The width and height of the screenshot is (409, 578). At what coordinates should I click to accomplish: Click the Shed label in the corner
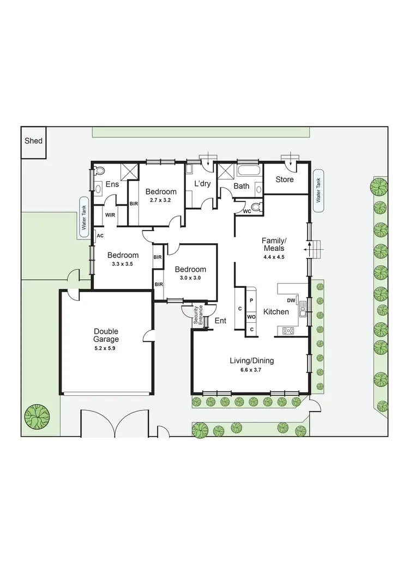click(x=33, y=141)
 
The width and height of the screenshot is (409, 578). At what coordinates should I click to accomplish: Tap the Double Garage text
click(x=106, y=335)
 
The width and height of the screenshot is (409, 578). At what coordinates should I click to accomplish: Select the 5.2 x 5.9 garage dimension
click(x=106, y=347)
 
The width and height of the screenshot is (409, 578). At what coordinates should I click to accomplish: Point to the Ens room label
click(x=112, y=185)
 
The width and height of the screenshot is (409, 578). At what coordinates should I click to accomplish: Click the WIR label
click(x=110, y=214)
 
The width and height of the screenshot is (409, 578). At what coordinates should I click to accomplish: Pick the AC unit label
click(x=100, y=236)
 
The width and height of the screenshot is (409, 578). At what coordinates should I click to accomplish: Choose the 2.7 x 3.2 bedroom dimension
click(x=160, y=200)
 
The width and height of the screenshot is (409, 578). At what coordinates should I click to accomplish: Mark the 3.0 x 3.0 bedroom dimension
click(x=190, y=278)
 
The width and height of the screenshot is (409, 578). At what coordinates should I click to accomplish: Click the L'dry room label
click(x=202, y=184)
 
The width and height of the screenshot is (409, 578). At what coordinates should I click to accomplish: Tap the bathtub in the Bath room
click(x=249, y=170)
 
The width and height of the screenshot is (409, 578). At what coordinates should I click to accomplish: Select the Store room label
click(x=284, y=179)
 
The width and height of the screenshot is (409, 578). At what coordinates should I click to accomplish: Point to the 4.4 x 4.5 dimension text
click(x=274, y=256)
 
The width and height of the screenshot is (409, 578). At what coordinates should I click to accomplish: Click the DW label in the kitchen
click(x=291, y=300)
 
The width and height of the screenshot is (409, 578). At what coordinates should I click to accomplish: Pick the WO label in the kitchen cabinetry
click(x=251, y=316)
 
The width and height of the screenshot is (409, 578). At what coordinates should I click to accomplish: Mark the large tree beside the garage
click(x=36, y=417)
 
